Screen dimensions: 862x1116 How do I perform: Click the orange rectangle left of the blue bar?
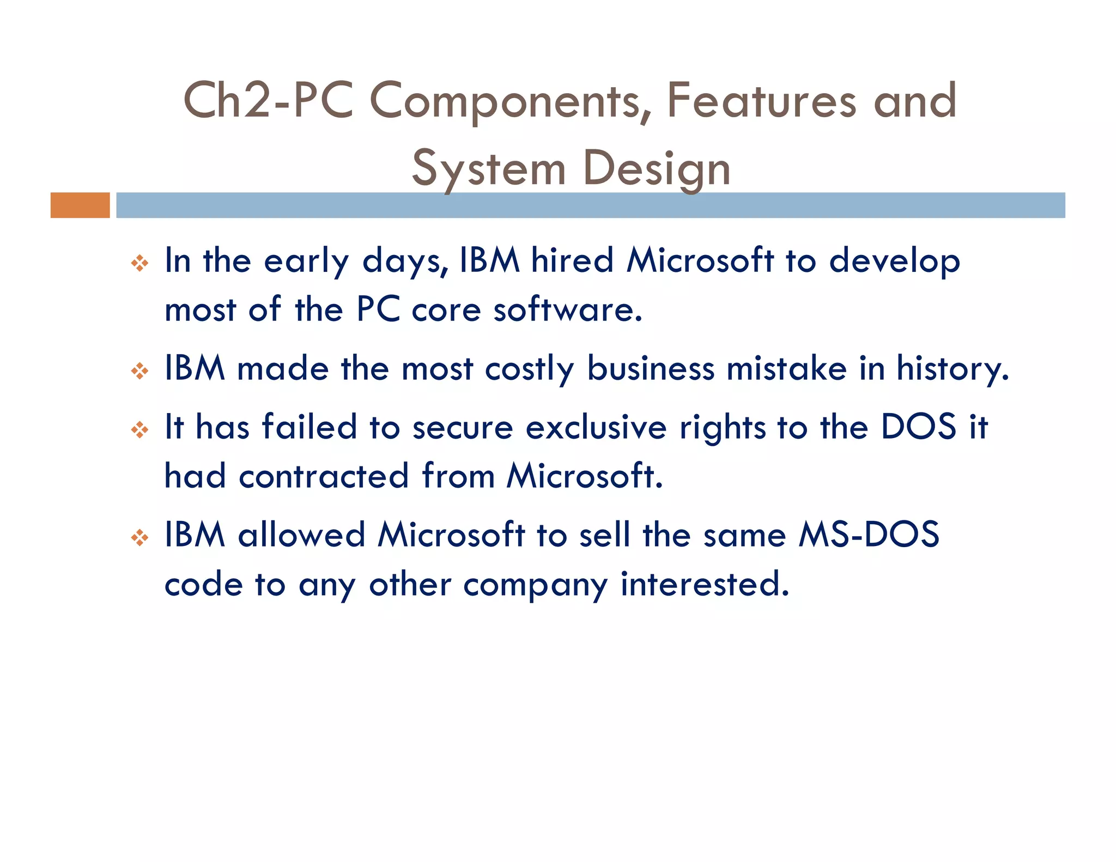pos(80,205)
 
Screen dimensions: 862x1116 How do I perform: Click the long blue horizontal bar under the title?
pos(590,205)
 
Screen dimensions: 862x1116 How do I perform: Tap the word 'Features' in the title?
pos(761,100)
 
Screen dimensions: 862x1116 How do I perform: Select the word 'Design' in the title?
pos(656,168)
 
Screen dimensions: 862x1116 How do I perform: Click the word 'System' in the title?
pos(488,168)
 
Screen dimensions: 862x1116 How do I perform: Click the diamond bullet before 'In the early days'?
pos(139,264)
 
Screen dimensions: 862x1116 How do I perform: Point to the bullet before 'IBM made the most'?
pos(139,372)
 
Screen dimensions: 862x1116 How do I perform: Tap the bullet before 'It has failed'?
pos(139,430)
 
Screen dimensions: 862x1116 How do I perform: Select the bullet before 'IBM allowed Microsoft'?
pos(139,538)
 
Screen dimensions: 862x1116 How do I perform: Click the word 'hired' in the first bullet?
pos(573,260)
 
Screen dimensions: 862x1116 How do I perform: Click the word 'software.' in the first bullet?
pos(568,309)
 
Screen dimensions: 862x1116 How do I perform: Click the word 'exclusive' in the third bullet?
pos(596,427)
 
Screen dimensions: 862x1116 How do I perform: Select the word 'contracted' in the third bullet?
pos(324,476)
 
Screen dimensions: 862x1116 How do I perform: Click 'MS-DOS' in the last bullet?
pos(869,534)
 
